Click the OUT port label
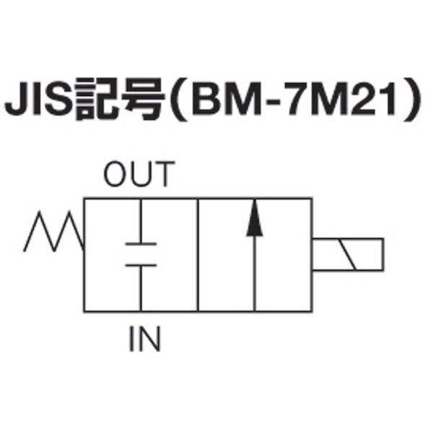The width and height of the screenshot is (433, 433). pyautogui.click(x=139, y=175)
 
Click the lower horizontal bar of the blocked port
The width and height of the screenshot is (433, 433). pyautogui.click(x=141, y=266)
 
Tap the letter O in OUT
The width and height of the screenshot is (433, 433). pyautogui.click(x=116, y=175)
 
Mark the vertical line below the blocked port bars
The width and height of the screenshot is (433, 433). pyautogui.click(x=141, y=288)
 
